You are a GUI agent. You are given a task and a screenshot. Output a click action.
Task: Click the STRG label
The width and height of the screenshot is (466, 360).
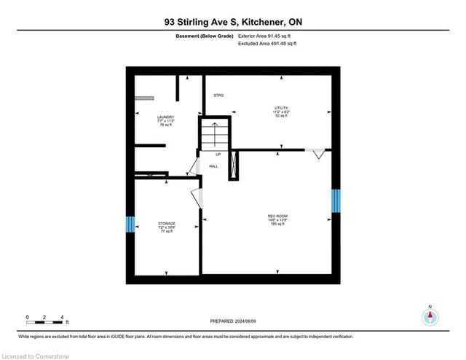(x=218, y=95)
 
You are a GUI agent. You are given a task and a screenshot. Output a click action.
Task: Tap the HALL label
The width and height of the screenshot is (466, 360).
(x=214, y=166)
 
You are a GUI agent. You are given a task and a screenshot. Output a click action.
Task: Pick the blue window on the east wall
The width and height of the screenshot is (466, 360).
(x=336, y=201)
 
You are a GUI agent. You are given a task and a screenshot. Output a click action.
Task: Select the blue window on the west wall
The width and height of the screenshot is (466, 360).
(x=130, y=224)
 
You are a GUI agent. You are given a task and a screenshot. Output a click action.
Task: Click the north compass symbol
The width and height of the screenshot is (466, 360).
(x=430, y=317)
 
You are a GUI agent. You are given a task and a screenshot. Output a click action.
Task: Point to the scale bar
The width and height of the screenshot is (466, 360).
(x=46, y=318)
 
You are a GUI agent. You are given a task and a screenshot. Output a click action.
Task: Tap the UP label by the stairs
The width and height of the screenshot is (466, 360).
(x=218, y=154)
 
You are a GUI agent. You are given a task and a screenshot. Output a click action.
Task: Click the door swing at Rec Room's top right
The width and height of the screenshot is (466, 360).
(x=316, y=154)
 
